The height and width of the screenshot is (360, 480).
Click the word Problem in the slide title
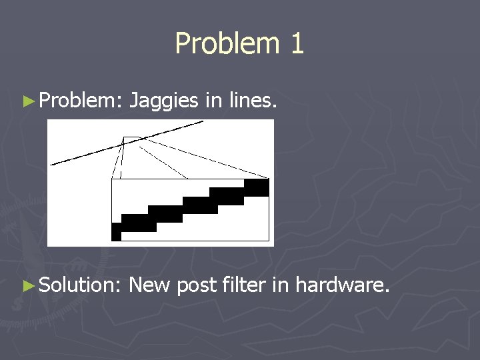pyautogui.click(x=217, y=44)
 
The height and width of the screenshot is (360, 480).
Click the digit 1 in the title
pyautogui.click(x=296, y=44)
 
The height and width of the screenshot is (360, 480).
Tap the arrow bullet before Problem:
pyautogui.click(x=28, y=101)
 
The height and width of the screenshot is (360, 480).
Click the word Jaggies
pyautogui.click(x=163, y=101)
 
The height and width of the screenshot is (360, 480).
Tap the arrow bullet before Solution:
pyautogui.click(x=28, y=286)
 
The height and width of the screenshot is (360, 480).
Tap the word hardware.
pyautogui.click(x=342, y=286)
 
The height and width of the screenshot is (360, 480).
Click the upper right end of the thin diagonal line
pyautogui.click(x=203, y=122)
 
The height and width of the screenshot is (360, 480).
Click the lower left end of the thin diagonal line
pyautogui.click(x=52, y=163)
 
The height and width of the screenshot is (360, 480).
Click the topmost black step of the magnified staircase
pyautogui.click(x=256, y=187)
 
